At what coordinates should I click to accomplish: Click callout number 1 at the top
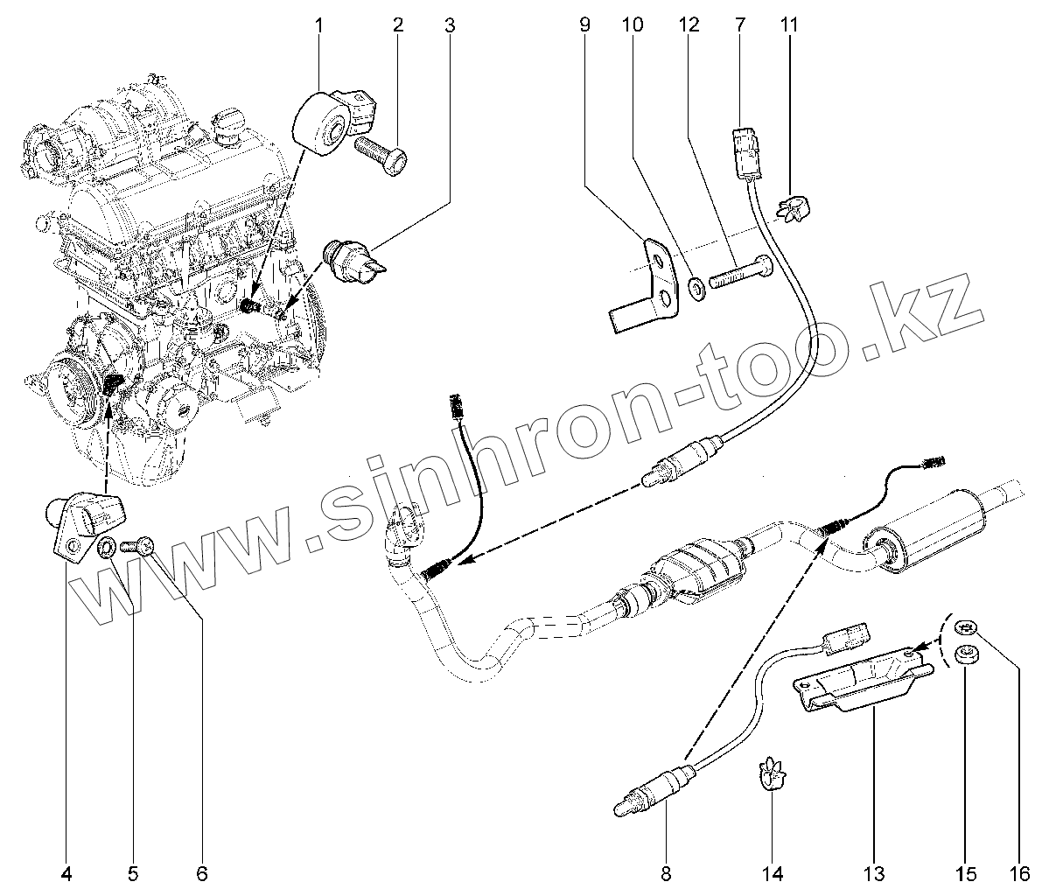(318, 24)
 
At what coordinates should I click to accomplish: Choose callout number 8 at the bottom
(666, 872)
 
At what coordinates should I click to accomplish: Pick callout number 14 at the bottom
(773, 872)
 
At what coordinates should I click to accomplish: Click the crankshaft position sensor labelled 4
(86, 523)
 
